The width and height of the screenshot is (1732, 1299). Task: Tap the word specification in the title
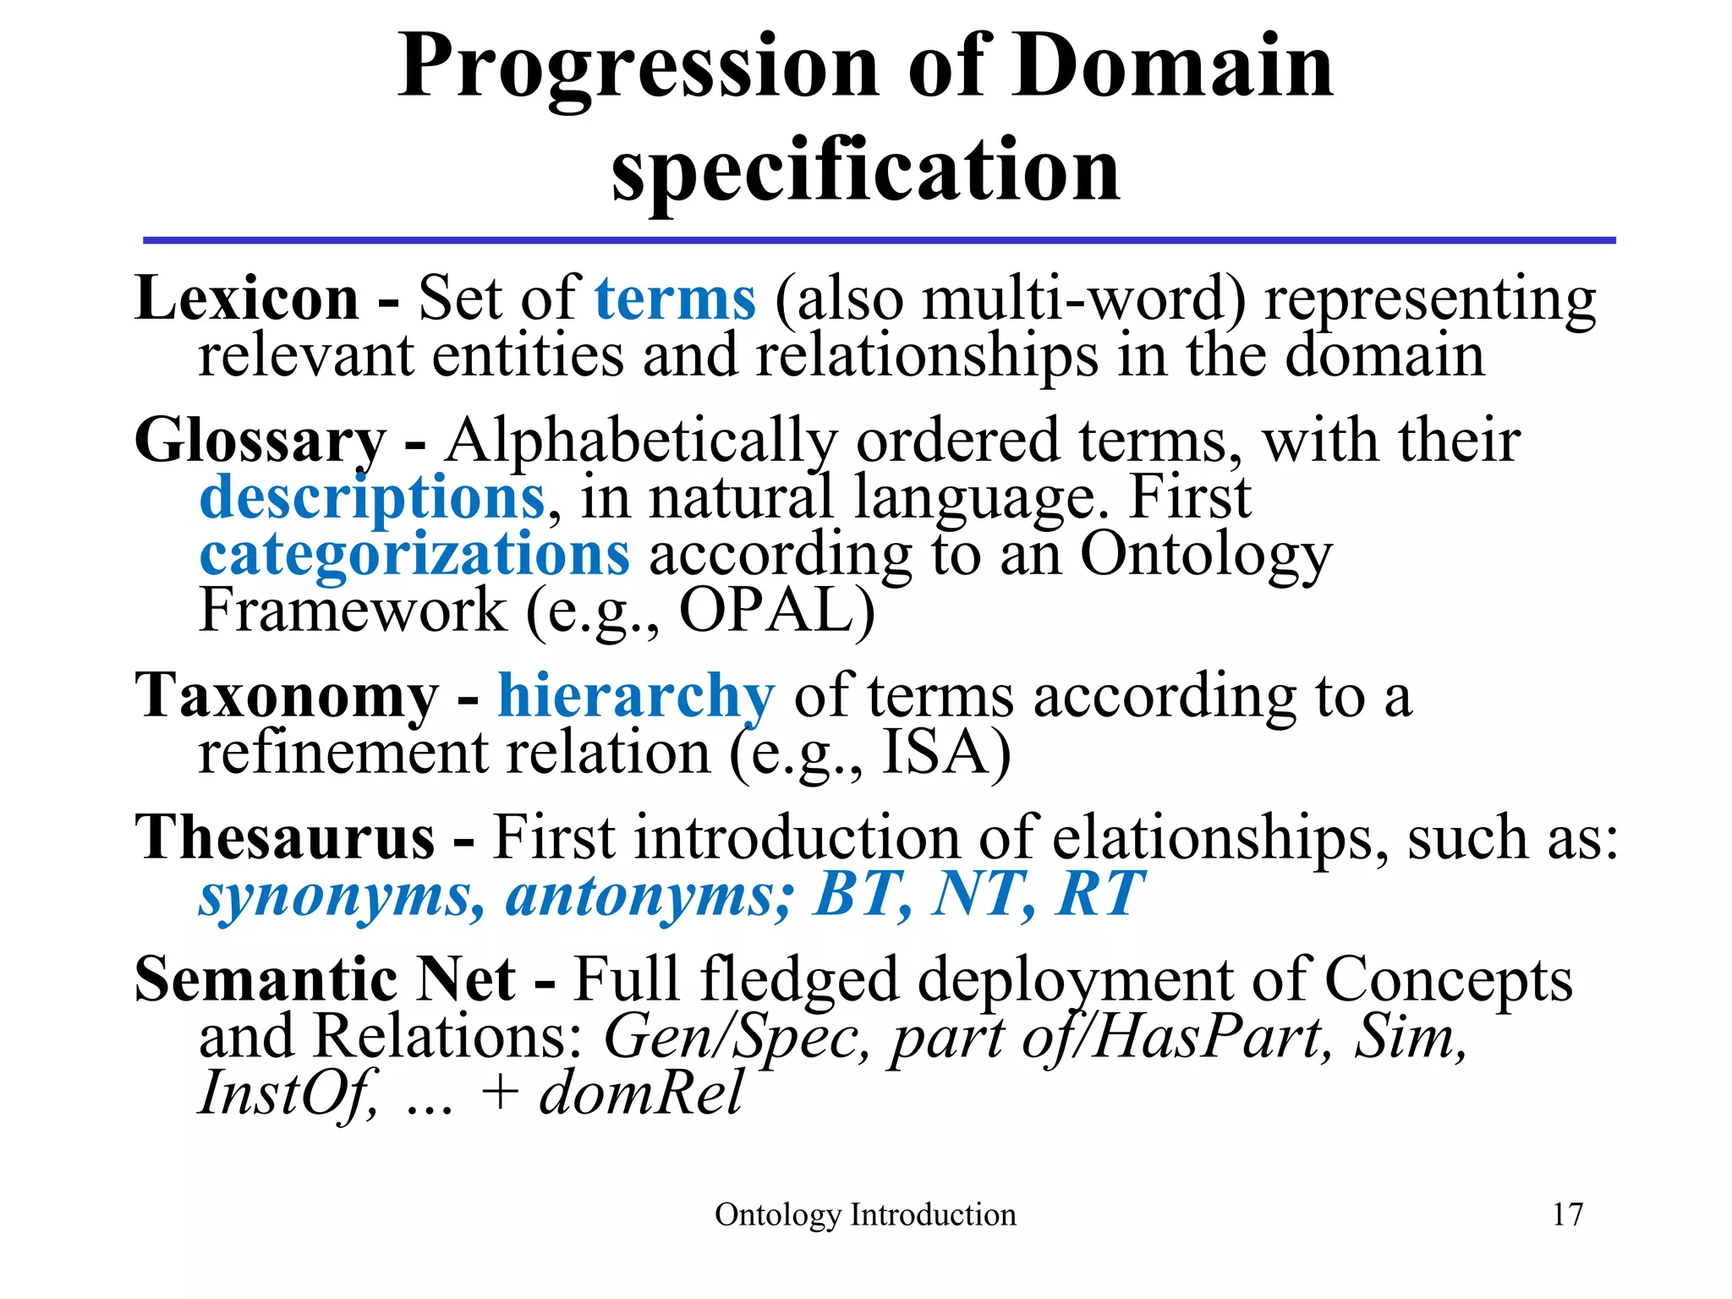866,172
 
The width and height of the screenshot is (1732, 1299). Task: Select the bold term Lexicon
247,299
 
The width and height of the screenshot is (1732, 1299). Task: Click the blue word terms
675,299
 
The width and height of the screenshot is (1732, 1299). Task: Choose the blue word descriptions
372,499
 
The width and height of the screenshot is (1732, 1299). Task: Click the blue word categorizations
414,556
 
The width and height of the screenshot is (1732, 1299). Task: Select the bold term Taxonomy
288,697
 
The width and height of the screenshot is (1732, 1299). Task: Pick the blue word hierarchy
635,697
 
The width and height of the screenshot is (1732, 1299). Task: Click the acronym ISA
936,754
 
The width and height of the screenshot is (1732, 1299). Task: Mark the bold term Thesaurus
285,838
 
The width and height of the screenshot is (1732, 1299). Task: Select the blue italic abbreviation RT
1099,894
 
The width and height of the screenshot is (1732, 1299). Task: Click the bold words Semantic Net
325,980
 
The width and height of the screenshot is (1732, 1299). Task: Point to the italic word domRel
641,1093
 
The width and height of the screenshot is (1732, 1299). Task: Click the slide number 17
1567,1214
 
